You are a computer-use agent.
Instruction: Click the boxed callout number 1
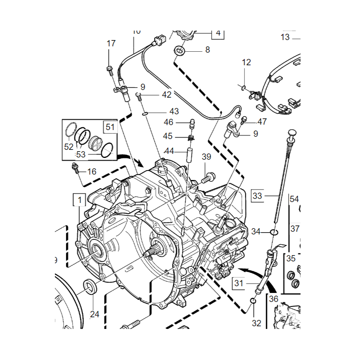80,199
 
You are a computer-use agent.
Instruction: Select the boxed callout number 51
110,126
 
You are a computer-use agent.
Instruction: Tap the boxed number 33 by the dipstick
257,196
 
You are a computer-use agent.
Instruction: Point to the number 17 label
111,44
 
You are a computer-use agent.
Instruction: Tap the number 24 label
94,314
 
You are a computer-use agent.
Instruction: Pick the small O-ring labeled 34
274,232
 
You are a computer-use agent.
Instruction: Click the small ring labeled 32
253,300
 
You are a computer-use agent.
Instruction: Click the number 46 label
169,122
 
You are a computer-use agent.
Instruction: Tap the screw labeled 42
139,95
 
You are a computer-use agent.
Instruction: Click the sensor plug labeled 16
76,169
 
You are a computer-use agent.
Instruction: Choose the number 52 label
68,146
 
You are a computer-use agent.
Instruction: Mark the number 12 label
247,63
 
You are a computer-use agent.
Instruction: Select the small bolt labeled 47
244,119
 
